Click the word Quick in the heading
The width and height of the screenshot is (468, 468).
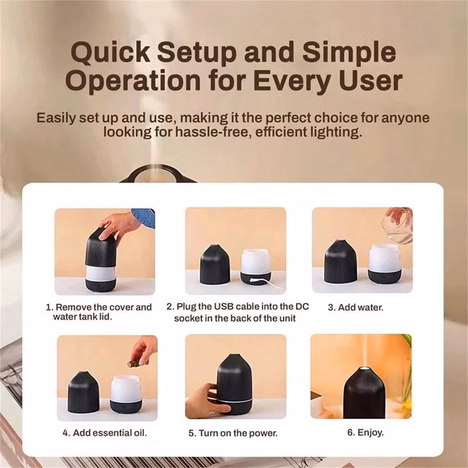pos(110,53)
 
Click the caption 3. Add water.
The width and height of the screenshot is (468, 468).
pos(356,307)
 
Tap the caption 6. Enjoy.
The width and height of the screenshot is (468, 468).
pos(366,432)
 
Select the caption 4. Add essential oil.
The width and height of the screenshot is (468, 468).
pos(105,433)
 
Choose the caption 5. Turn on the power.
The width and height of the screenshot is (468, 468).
pos(233,433)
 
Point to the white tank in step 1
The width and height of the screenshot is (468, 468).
pos(101,273)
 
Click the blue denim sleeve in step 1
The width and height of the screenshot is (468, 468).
pos(144,217)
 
